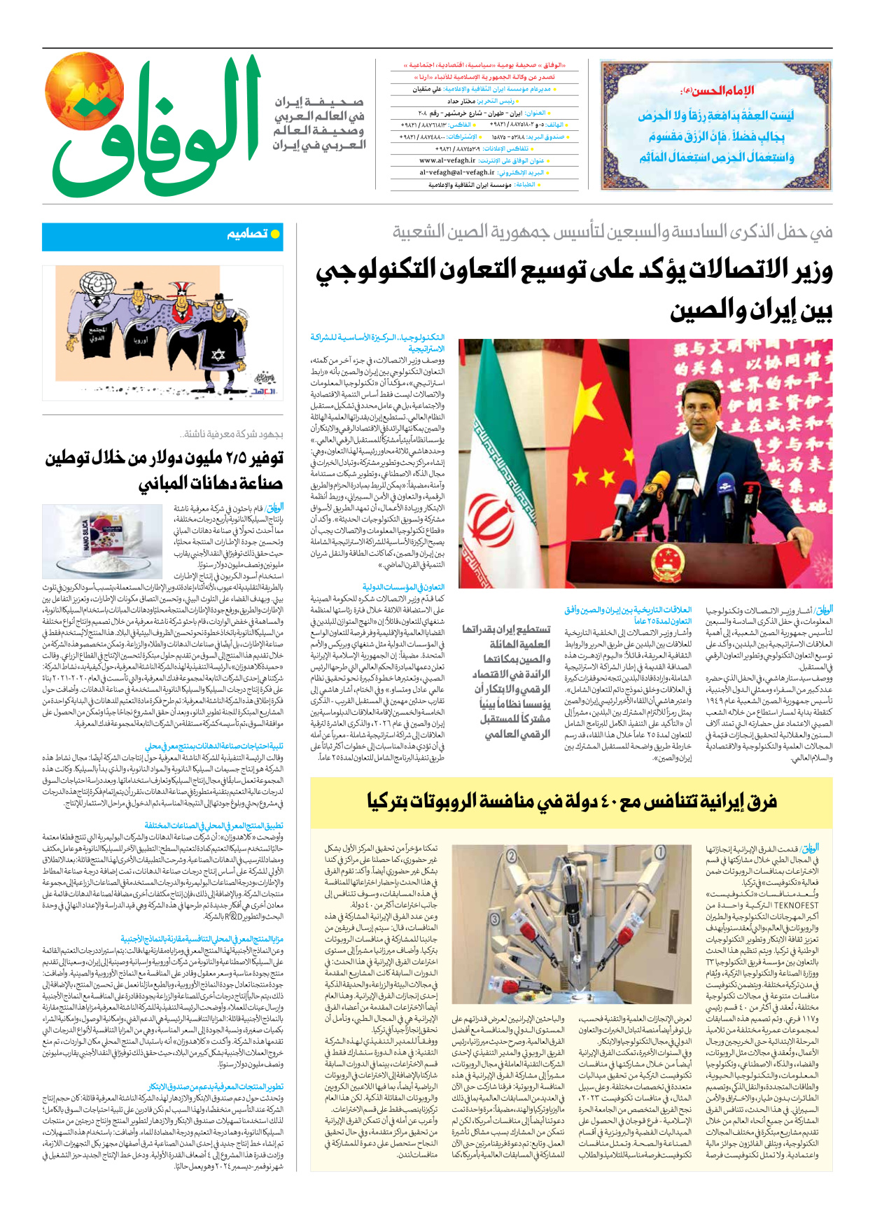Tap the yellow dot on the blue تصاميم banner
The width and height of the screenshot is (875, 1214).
pyautogui.click(x=275, y=234)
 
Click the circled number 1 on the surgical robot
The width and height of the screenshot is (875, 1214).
pyautogui.click(x=660, y=853)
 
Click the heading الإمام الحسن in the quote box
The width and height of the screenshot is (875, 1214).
pyautogui.click(x=716, y=90)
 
